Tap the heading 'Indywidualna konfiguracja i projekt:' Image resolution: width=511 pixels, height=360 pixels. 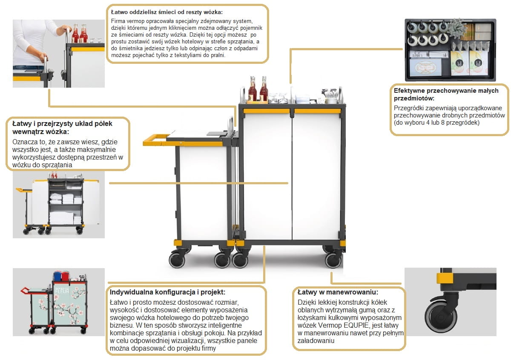[167, 292]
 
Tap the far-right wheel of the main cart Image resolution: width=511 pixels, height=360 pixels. [333, 260]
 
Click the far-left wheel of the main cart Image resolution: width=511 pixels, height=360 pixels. [176, 260]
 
